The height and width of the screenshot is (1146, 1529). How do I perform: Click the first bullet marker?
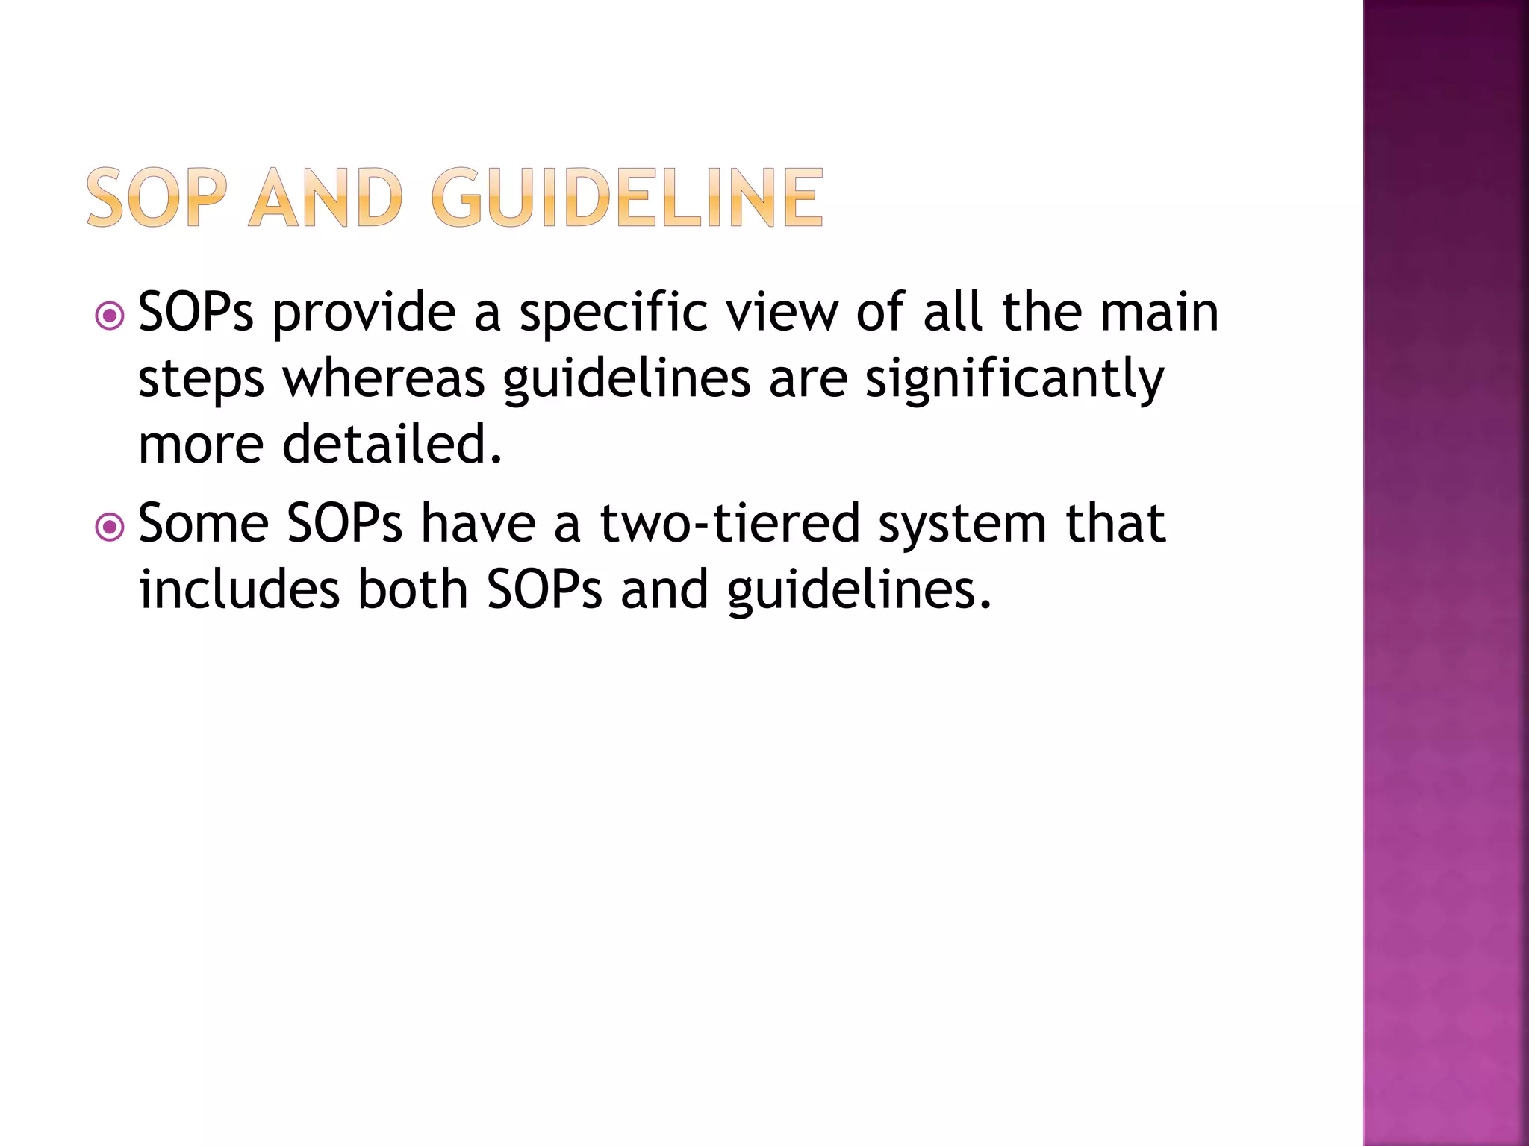pos(110,316)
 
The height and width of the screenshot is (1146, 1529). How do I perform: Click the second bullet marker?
pos(110,528)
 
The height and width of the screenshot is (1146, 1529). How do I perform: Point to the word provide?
pos(364,313)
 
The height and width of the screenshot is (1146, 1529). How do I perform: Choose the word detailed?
pos(392,445)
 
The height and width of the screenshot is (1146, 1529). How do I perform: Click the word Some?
pos(203,524)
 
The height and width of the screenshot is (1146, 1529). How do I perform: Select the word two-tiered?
pos(730,524)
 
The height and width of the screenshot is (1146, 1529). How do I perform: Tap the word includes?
pos(239,589)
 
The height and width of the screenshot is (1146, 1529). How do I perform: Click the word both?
pos(413,589)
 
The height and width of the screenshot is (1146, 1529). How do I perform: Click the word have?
pos(478,524)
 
